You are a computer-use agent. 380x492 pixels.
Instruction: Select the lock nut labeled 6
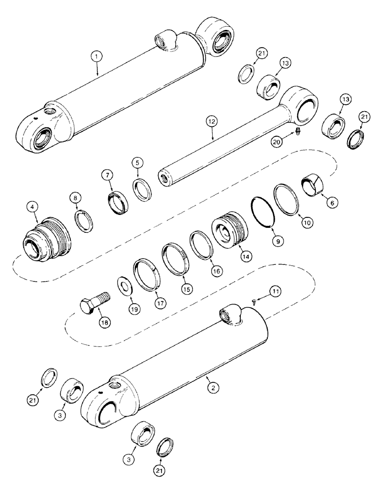[312, 188]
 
